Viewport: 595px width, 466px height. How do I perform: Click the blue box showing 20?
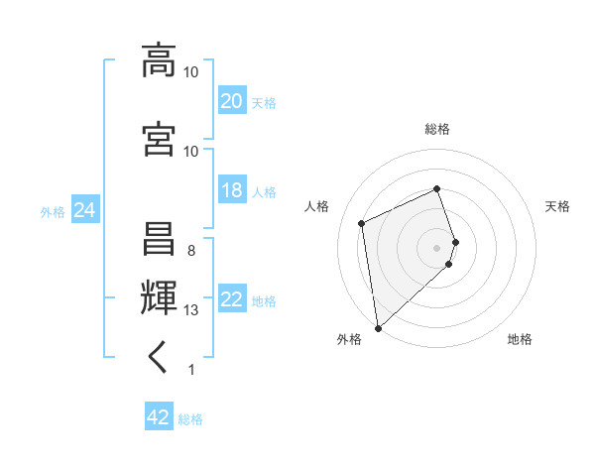231,100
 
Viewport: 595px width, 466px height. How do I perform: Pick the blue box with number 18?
231,190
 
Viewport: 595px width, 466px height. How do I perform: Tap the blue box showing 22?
231,299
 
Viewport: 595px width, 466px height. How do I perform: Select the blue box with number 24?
84,210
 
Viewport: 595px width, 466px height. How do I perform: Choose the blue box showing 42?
159,417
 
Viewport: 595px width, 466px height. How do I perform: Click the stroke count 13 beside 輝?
191,310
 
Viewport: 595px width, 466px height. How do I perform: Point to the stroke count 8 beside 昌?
191,251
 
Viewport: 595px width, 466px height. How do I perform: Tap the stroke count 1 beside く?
191,370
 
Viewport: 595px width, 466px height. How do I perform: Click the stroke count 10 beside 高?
191,72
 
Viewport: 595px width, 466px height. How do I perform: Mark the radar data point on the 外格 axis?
378,327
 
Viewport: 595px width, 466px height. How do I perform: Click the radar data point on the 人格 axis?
362,223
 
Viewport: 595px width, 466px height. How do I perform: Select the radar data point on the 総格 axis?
437,188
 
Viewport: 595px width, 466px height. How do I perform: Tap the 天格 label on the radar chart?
557,206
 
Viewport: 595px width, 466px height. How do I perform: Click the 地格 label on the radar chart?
520,339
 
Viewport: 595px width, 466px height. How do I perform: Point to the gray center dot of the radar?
437,247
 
